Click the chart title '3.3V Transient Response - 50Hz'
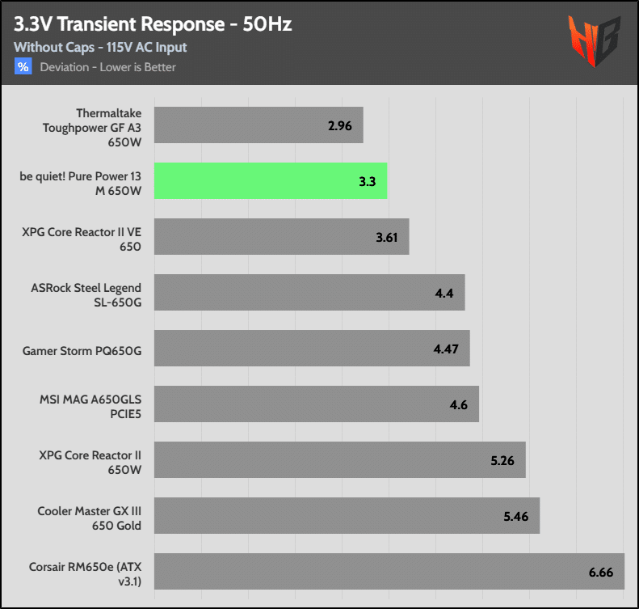pyautogui.click(x=153, y=24)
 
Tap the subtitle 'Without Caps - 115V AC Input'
pyautogui.click(x=100, y=48)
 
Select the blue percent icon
pyautogui.click(x=23, y=67)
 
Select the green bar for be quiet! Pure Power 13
pyautogui.click(x=270, y=180)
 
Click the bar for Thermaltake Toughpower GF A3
pyautogui.click(x=258, y=125)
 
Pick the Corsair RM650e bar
pyautogui.click(x=388, y=571)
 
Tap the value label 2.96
pyautogui.click(x=340, y=125)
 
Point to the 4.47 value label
pyautogui.click(x=446, y=349)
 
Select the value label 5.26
pyautogui.click(x=502, y=460)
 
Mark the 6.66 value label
pyautogui.click(x=601, y=572)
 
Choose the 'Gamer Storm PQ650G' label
pyautogui.click(x=82, y=350)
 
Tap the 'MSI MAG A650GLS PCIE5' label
pyautogui.click(x=90, y=405)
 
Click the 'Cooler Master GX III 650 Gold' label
pyautogui.click(x=89, y=517)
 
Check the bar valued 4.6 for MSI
pyautogui.click(x=316, y=404)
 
